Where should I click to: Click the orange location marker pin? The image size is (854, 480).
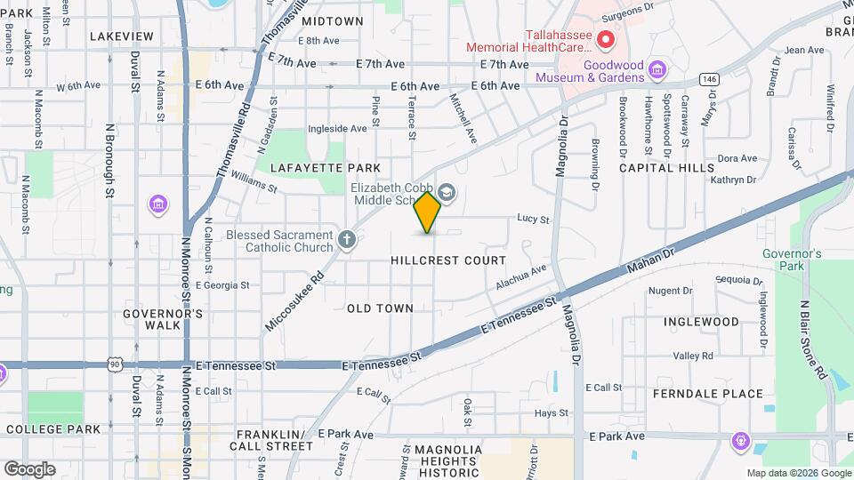(x=428, y=212)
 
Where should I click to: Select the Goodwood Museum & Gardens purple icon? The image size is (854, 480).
(x=657, y=69)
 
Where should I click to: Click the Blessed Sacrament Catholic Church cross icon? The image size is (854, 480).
(x=347, y=239)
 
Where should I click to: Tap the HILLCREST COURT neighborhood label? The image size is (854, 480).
(x=448, y=260)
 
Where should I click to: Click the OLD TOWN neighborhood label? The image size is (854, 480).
(x=380, y=308)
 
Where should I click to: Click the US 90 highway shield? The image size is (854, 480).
(x=115, y=364)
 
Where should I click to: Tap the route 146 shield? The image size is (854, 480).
(x=709, y=78)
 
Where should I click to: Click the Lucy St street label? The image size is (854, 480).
(x=533, y=219)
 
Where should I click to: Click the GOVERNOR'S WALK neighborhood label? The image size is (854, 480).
(x=163, y=319)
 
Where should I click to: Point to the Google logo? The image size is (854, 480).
(x=29, y=468)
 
